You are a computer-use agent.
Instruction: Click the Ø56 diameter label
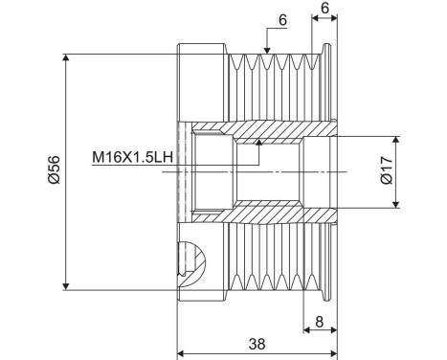click(x=54, y=169)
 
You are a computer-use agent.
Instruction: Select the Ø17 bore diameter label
click(x=387, y=169)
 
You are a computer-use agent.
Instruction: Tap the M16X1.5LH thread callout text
click(x=132, y=157)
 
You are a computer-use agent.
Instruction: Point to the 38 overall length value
click(x=257, y=344)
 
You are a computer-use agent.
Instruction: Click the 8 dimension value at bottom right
click(x=319, y=322)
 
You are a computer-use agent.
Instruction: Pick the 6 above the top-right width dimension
click(x=324, y=9)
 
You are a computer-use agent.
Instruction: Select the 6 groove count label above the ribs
click(x=282, y=20)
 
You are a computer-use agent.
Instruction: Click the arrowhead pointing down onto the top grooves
click(x=267, y=50)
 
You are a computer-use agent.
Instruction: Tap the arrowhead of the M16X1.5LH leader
click(x=259, y=143)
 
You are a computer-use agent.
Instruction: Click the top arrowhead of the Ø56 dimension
click(x=66, y=57)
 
